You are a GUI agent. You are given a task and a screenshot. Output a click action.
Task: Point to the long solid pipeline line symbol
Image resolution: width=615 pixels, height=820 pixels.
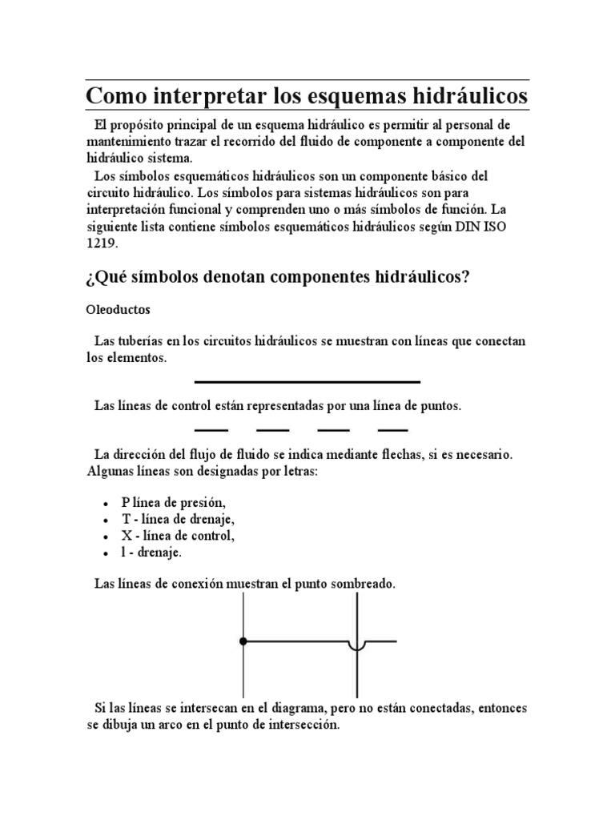tap(307, 382)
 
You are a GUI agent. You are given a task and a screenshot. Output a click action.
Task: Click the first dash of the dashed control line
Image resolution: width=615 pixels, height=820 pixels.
tap(211, 430)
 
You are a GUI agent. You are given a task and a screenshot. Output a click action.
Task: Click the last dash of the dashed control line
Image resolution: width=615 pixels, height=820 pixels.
tap(392, 430)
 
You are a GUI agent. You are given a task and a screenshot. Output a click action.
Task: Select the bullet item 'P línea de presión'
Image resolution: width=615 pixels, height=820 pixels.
tap(174, 502)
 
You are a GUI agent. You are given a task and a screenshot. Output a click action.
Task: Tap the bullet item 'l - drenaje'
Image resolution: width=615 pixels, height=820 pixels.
tap(152, 553)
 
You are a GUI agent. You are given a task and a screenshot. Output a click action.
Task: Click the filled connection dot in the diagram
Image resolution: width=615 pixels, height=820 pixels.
tap(243, 641)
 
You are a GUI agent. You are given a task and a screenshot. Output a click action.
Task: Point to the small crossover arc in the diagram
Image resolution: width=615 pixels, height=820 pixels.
tap(356, 645)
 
